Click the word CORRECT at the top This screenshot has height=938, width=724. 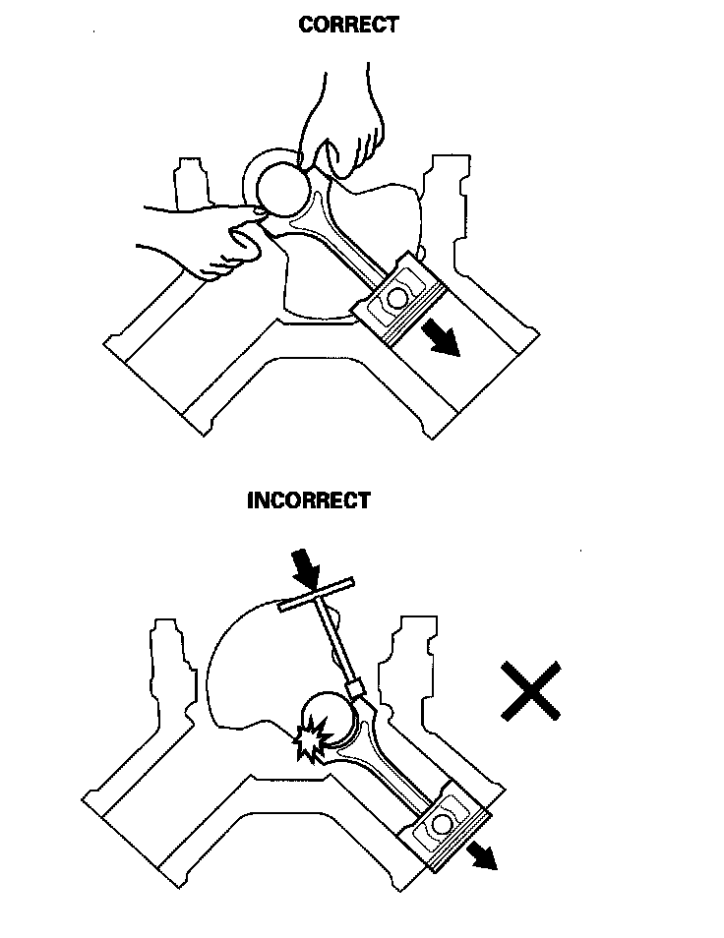(x=349, y=26)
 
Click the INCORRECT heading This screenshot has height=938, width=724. (x=309, y=499)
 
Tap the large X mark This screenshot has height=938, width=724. (x=531, y=689)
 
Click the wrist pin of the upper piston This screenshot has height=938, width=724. (x=397, y=296)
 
